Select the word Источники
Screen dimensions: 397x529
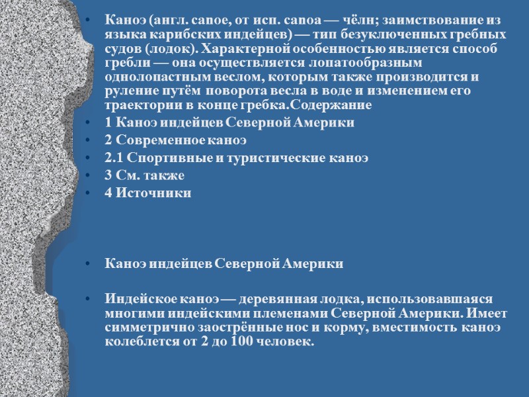[x=153, y=193]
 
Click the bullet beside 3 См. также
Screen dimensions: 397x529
[x=89, y=176]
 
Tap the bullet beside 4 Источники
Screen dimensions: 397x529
[x=89, y=193]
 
